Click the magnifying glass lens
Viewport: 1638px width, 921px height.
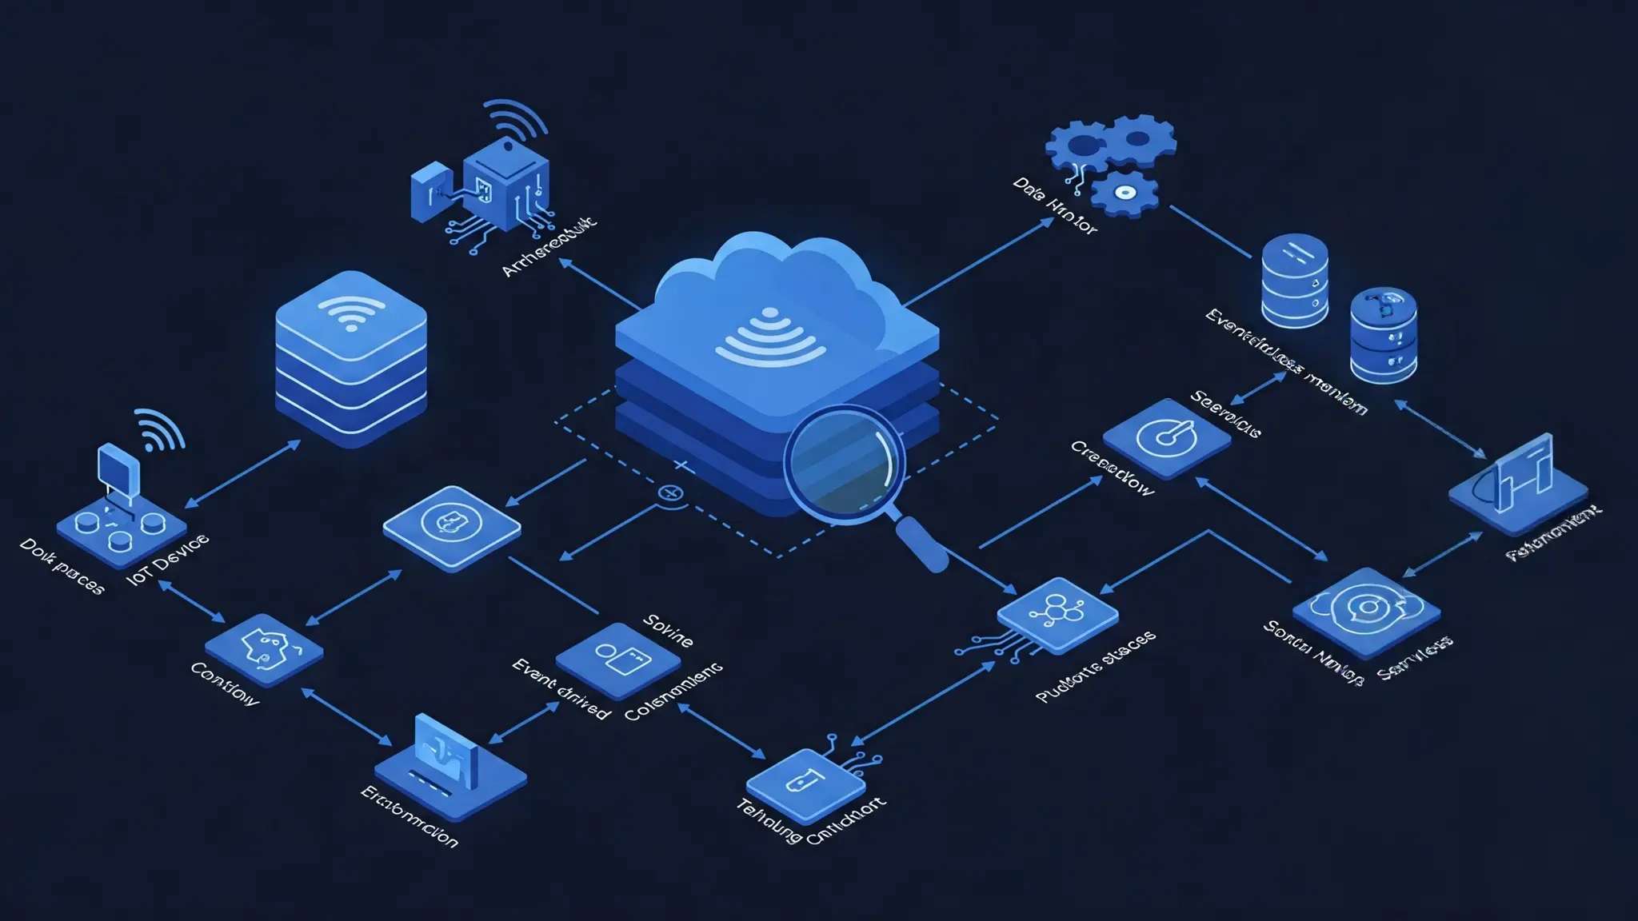click(x=845, y=463)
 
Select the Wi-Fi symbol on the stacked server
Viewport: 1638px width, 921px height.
click(x=350, y=313)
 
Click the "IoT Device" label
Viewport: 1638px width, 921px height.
click(x=169, y=560)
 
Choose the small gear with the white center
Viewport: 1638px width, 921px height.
click(x=1125, y=193)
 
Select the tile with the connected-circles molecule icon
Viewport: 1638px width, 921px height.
click(x=1057, y=613)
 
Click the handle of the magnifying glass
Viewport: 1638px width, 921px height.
click(x=923, y=544)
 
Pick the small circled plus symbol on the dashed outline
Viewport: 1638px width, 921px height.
click(x=670, y=494)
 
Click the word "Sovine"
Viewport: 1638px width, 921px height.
click(x=668, y=631)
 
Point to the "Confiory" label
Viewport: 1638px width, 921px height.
click(x=225, y=684)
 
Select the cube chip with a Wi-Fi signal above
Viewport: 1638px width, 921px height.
click(x=505, y=184)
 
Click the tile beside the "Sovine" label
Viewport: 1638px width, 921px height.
click(x=617, y=659)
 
